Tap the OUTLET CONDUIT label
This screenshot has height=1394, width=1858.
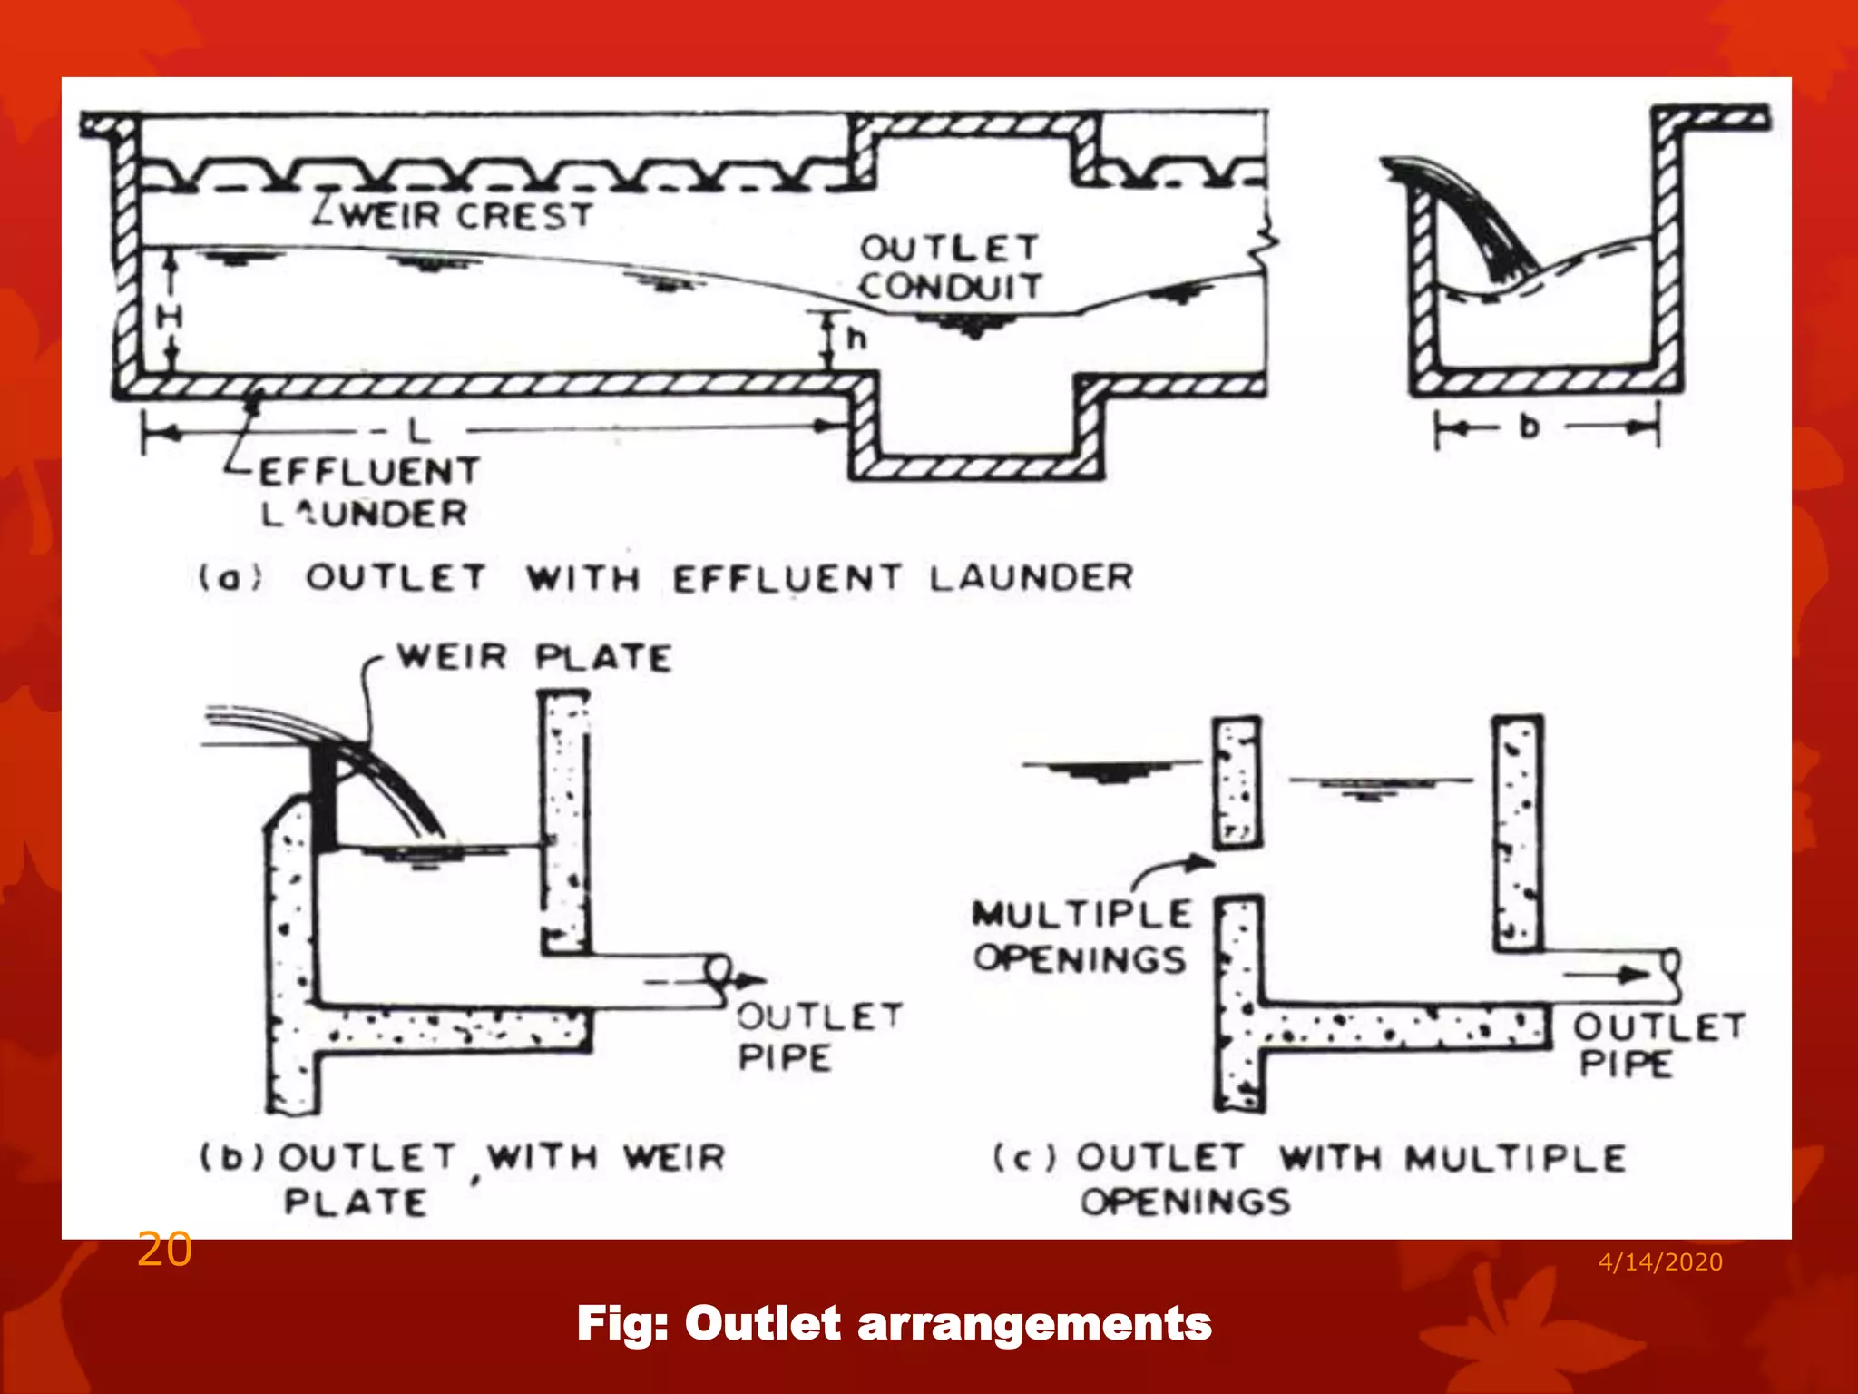949,267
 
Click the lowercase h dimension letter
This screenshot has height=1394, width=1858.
856,339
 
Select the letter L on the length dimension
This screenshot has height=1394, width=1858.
418,430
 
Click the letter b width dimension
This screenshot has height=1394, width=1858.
1530,426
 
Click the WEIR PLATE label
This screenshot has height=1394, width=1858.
534,657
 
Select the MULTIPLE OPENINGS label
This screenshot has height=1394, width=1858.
1081,936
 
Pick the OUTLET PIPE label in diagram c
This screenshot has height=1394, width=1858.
1657,1045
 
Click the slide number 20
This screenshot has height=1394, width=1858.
164,1250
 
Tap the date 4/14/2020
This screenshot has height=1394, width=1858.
1659,1261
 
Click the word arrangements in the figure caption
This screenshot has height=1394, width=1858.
1033,1323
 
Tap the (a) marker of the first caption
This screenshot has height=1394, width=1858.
230,577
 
